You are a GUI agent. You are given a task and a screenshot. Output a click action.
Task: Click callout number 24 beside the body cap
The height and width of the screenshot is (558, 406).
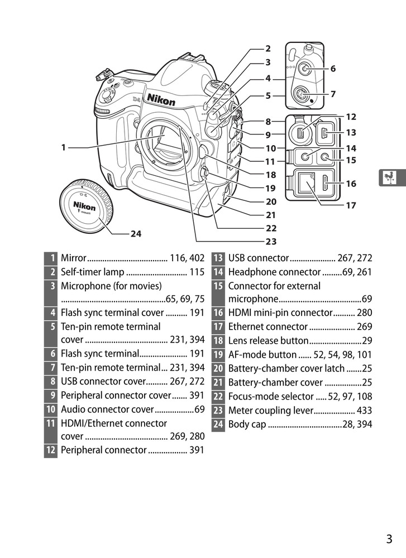136,234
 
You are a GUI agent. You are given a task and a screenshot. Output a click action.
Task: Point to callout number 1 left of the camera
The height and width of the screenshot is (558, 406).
64,148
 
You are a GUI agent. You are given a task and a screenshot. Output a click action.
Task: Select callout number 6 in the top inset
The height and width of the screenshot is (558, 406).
333,69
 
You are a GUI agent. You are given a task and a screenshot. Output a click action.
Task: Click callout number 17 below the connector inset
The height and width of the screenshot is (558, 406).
350,205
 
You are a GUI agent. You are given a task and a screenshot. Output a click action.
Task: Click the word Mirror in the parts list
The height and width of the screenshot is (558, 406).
73,258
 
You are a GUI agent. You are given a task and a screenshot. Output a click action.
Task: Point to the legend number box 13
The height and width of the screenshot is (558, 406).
217,258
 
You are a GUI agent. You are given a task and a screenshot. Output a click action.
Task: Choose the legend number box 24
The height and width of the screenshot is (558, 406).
217,425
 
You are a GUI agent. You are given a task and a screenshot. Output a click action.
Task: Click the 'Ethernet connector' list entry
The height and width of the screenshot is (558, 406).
268,327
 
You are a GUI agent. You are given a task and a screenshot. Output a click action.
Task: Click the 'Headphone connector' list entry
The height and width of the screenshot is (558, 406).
274,272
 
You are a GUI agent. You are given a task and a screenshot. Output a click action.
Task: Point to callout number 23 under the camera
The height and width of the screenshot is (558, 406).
271,242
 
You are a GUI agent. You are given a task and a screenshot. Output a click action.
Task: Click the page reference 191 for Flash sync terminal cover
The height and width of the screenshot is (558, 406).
197,313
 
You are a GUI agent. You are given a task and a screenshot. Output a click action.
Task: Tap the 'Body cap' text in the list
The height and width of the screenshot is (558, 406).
247,425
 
